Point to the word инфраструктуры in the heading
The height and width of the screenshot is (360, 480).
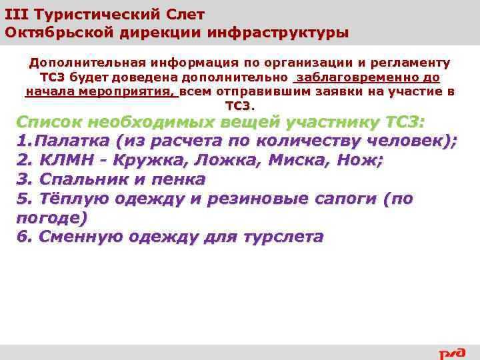tap(278, 32)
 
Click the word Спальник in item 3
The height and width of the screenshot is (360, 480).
tap(81, 179)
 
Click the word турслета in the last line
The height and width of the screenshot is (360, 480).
tap(287, 237)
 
